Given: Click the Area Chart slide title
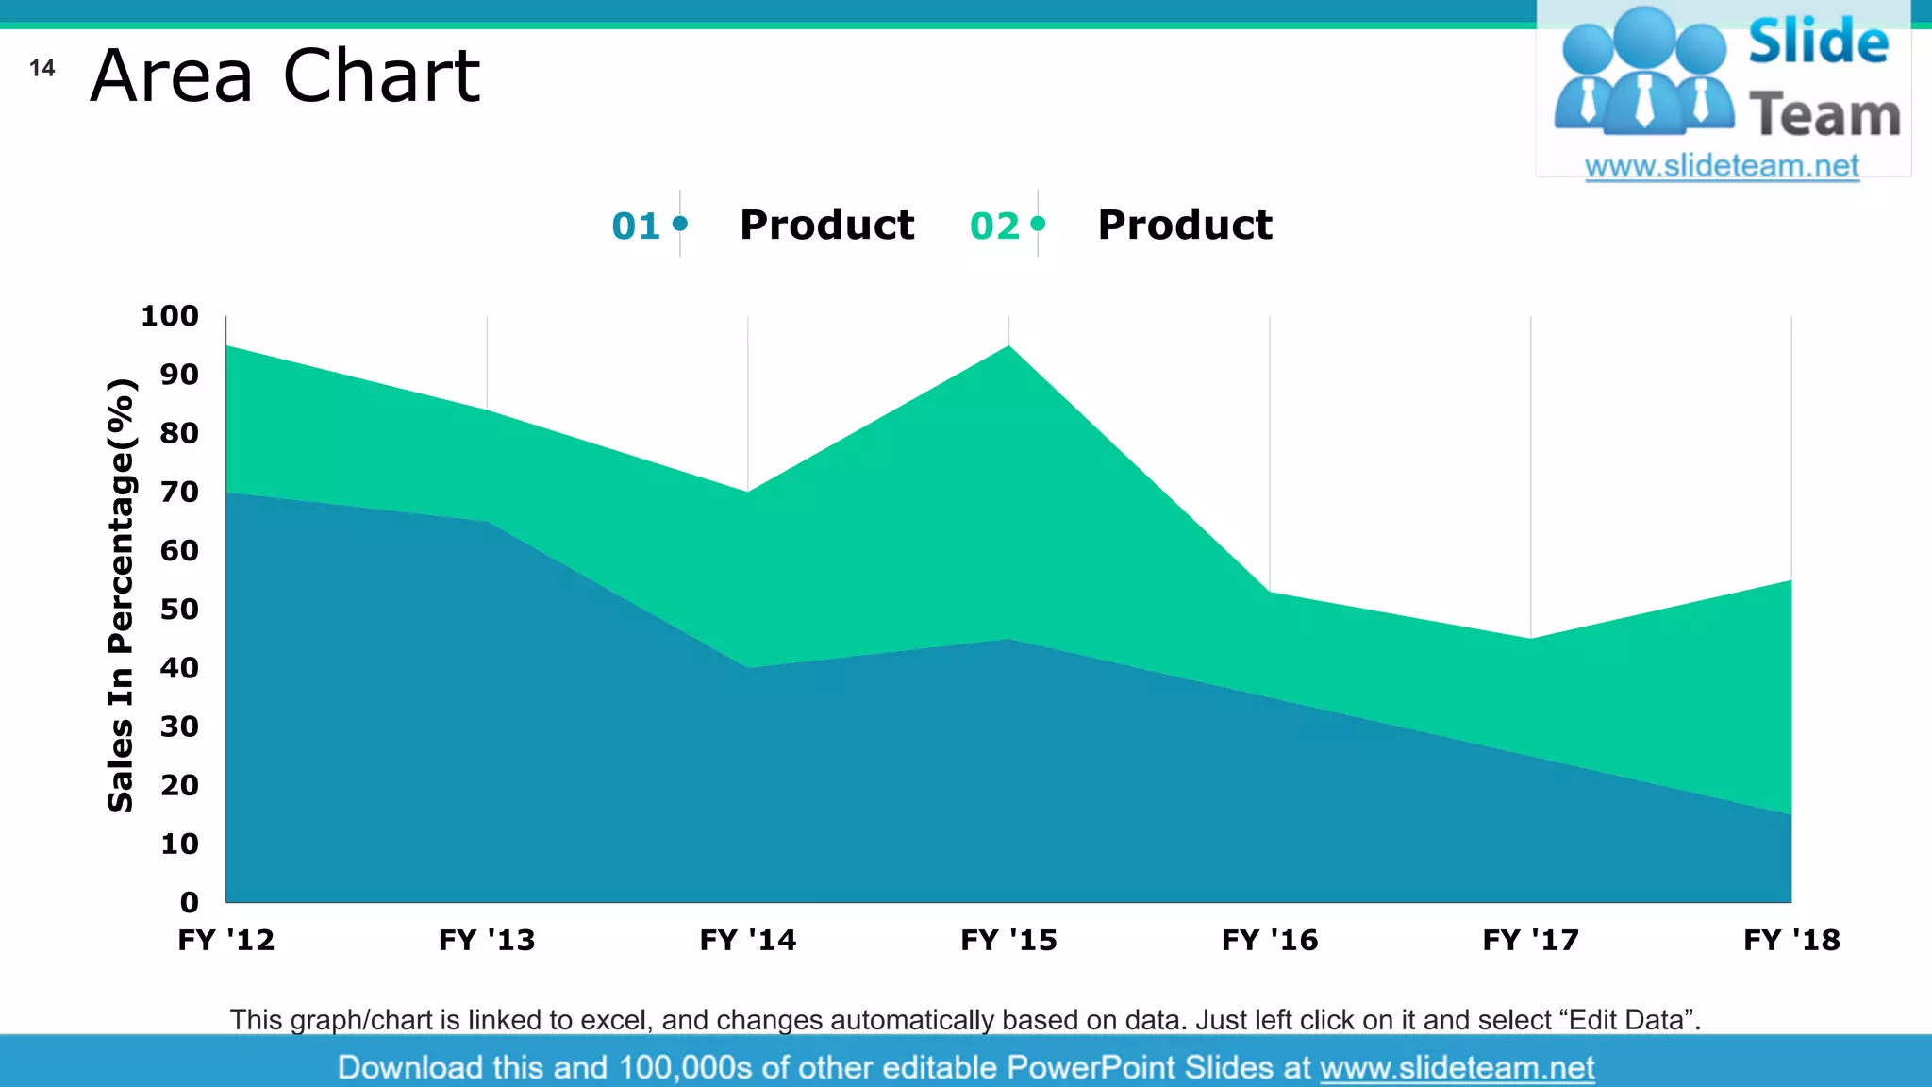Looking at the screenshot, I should [285, 75].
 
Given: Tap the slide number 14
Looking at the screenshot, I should [42, 68].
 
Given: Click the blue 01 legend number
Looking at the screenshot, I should [636, 226].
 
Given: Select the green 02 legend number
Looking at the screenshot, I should [994, 226].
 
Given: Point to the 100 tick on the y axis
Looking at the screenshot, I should [170, 316].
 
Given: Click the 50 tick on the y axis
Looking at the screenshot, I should [179, 610].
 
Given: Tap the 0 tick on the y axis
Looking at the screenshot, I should [189, 902].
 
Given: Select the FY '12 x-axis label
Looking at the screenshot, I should [226, 940].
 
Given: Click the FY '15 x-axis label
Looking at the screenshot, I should [1008, 940].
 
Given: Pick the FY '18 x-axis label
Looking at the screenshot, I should [1790, 940].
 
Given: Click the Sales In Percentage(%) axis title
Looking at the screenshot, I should [122, 595].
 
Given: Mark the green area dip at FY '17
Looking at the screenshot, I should [1530, 640].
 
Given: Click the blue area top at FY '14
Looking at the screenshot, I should [748, 669].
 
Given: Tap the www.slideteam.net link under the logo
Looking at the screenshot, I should [1722, 166].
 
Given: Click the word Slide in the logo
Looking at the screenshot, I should [1818, 42].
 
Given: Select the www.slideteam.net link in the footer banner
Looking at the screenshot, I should [1457, 1067].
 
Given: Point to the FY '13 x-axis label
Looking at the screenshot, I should [487, 940].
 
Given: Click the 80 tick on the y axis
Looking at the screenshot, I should [179, 433].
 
